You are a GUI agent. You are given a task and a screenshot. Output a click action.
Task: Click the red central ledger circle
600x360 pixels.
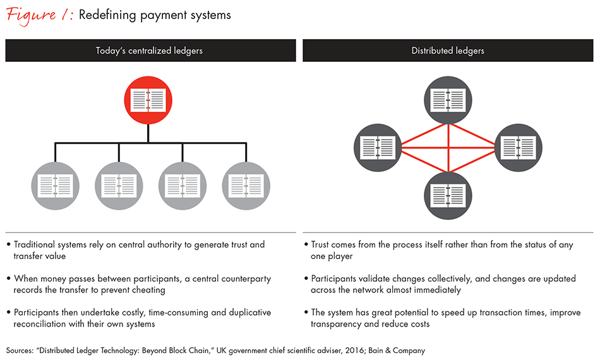point(148,100)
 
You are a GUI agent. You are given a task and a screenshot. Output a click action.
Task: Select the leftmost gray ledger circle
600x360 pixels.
point(55,186)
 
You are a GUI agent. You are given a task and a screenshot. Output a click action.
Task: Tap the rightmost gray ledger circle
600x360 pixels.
point(246,186)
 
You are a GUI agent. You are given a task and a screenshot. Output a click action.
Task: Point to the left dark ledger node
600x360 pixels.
point(377,147)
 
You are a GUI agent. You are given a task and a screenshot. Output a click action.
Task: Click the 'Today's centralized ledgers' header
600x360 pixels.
point(150,51)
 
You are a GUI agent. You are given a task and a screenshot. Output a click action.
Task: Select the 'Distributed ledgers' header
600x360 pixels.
point(448,51)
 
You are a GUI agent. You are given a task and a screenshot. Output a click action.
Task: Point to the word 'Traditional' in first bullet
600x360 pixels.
point(39,244)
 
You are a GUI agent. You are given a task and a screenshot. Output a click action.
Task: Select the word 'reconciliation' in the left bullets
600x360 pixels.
point(42,324)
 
